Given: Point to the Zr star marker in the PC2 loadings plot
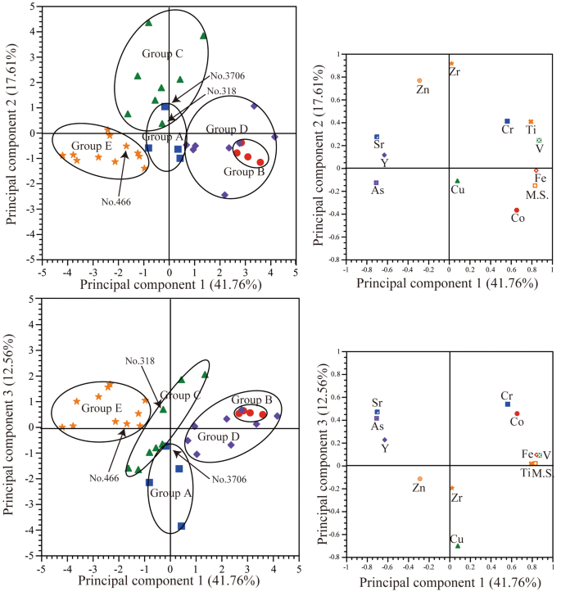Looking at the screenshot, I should pos(451,64).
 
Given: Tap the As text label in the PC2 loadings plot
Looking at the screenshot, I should pos(378,192).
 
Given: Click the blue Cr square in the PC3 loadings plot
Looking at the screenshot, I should pos(508,404).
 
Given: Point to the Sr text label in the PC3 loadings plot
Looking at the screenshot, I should pos(377,403).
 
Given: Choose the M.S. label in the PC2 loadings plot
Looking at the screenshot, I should pos(536,195).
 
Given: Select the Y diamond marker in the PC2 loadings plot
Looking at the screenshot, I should pos(384,155).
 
